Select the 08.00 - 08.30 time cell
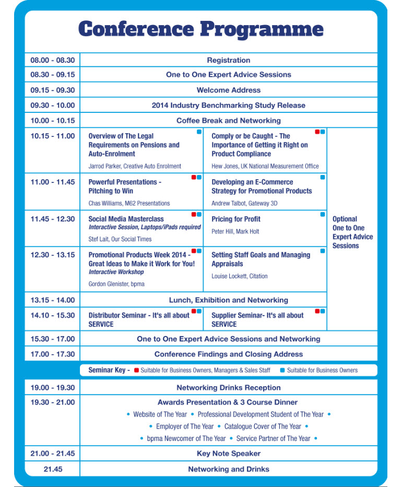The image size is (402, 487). [x=52, y=60]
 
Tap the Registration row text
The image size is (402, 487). [x=228, y=60]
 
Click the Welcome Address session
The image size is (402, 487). [x=228, y=90]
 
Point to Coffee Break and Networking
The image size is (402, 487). [x=228, y=120]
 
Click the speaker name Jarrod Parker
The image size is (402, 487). [x=135, y=166]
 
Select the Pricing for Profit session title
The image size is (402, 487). [x=236, y=219]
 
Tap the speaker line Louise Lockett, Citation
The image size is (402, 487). [x=239, y=276]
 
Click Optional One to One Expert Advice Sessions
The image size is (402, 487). [x=352, y=232]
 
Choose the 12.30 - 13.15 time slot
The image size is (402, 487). [x=52, y=255]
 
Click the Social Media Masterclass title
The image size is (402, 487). [x=126, y=219]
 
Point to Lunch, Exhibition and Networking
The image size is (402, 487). [x=228, y=300]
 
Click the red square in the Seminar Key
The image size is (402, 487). [x=136, y=370]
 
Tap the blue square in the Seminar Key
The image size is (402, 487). [x=282, y=370]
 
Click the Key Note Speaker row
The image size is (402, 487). [x=228, y=454]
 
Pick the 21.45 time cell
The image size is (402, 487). [x=52, y=469]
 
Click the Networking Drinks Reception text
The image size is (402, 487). [x=228, y=388]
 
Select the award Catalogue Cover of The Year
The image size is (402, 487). [x=263, y=426]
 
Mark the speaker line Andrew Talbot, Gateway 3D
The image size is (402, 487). [x=244, y=203]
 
